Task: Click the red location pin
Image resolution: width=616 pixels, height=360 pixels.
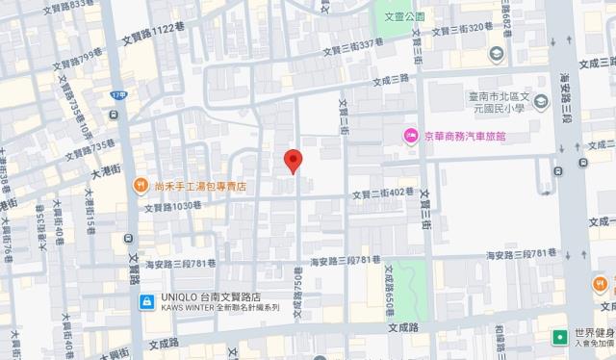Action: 294,162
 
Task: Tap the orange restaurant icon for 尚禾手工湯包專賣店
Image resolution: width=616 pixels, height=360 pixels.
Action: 141,186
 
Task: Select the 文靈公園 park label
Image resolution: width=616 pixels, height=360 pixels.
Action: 402,16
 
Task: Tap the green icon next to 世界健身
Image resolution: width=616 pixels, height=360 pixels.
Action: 558,338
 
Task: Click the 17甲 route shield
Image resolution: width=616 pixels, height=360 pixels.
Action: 118,96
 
